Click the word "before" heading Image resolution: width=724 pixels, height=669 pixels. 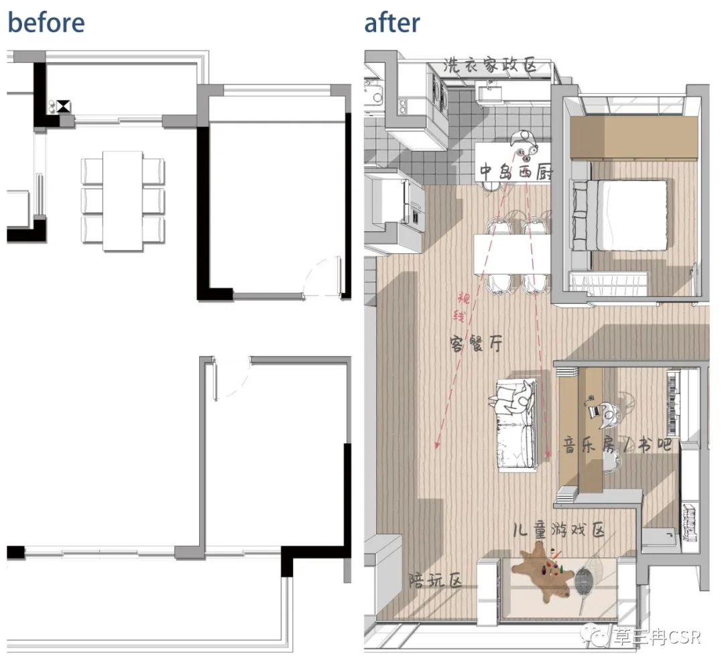point(46,23)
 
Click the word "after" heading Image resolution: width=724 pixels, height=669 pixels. point(392,23)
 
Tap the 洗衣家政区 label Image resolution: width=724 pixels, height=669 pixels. point(490,65)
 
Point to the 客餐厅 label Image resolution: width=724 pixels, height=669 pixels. point(476,343)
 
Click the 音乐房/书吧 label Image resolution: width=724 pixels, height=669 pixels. point(617,445)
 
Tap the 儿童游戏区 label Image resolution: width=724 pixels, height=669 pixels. point(558,530)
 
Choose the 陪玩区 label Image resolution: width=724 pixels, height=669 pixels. point(436,580)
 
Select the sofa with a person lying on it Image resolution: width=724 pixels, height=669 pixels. point(517,425)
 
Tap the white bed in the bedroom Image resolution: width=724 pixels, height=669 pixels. point(619,215)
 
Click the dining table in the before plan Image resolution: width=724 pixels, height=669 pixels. point(123,201)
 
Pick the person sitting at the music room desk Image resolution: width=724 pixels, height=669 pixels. point(605,411)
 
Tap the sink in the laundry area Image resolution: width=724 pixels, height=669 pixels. point(489,93)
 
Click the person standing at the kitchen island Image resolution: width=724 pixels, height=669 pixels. point(525,143)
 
